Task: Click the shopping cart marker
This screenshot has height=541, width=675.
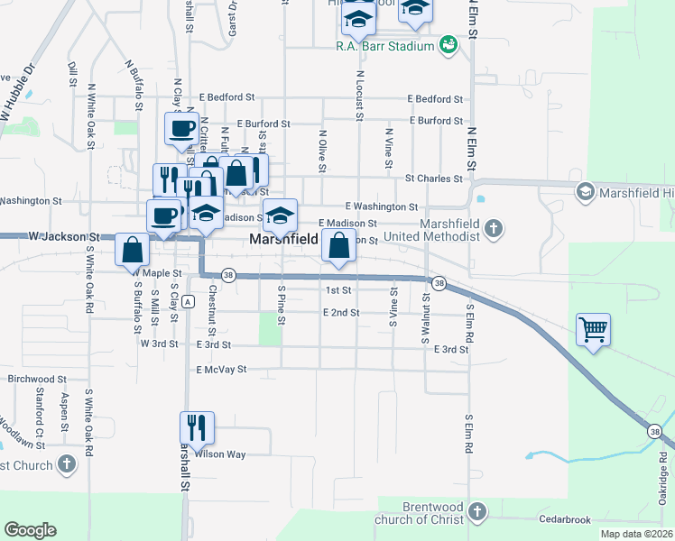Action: click(593, 329)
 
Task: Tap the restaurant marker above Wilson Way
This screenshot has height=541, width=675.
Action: click(197, 426)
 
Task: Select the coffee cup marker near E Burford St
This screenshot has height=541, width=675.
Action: click(181, 128)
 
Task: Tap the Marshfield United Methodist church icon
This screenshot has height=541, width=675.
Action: click(493, 228)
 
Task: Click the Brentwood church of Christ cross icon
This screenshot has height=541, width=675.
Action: click(477, 511)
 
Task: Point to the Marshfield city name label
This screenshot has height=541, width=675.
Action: click(283, 240)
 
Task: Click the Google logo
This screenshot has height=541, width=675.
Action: click(30, 529)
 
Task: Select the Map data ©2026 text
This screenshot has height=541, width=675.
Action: click(635, 534)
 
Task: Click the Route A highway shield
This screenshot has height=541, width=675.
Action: click(186, 300)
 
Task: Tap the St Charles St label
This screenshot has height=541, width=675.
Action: click(433, 179)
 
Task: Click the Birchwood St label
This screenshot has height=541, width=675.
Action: click(37, 380)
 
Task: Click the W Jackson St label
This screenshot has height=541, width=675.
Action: click(63, 236)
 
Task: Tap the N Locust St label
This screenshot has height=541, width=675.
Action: click(359, 96)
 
